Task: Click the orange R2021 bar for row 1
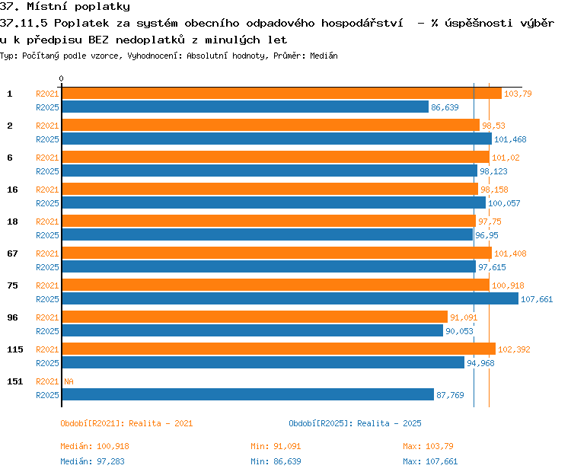click(x=282, y=94)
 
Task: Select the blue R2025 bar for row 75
click(x=290, y=299)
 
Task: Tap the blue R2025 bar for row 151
click(x=248, y=394)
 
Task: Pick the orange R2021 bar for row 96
click(x=255, y=317)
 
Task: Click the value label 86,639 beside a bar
click(x=445, y=107)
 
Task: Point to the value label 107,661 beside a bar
click(x=537, y=299)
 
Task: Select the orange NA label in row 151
click(x=69, y=381)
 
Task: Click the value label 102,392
click(x=514, y=349)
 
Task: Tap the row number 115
click(x=15, y=349)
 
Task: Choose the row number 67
click(x=12, y=253)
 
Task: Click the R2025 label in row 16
click(x=47, y=203)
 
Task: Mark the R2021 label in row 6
click(x=47, y=158)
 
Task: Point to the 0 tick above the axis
click(x=61, y=78)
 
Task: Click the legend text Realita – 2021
click(x=161, y=423)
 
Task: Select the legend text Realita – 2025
click(x=389, y=423)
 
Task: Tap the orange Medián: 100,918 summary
click(x=94, y=446)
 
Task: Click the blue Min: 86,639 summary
click(x=276, y=461)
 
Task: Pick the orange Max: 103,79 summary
click(x=428, y=446)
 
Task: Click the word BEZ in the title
click(x=98, y=40)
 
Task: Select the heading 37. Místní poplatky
click(x=65, y=7)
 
